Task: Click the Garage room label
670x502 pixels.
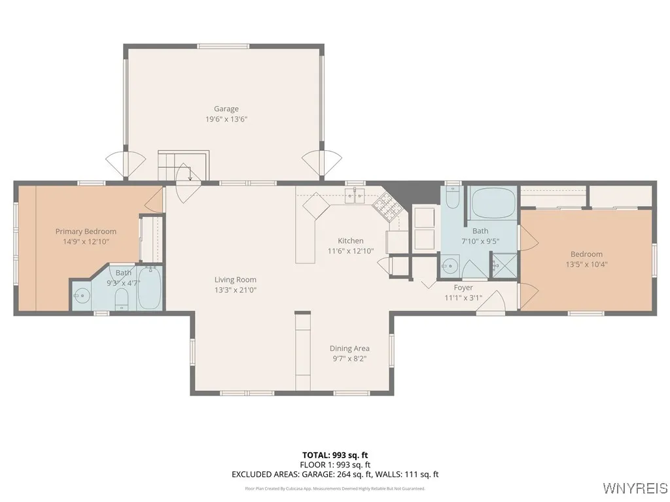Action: (226, 109)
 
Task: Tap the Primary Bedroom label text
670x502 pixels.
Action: (86, 231)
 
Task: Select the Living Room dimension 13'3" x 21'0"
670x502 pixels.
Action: (236, 290)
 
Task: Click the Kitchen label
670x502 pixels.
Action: (350, 241)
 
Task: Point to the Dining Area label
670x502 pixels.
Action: (349, 348)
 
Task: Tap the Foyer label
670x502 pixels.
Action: (463, 288)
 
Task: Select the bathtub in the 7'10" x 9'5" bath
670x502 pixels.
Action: (493, 203)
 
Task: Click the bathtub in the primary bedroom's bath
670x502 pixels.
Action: (149, 290)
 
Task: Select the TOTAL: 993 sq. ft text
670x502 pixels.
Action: (335, 455)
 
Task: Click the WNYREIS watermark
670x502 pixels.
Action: (635, 488)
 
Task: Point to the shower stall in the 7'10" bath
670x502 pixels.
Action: (504, 266)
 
